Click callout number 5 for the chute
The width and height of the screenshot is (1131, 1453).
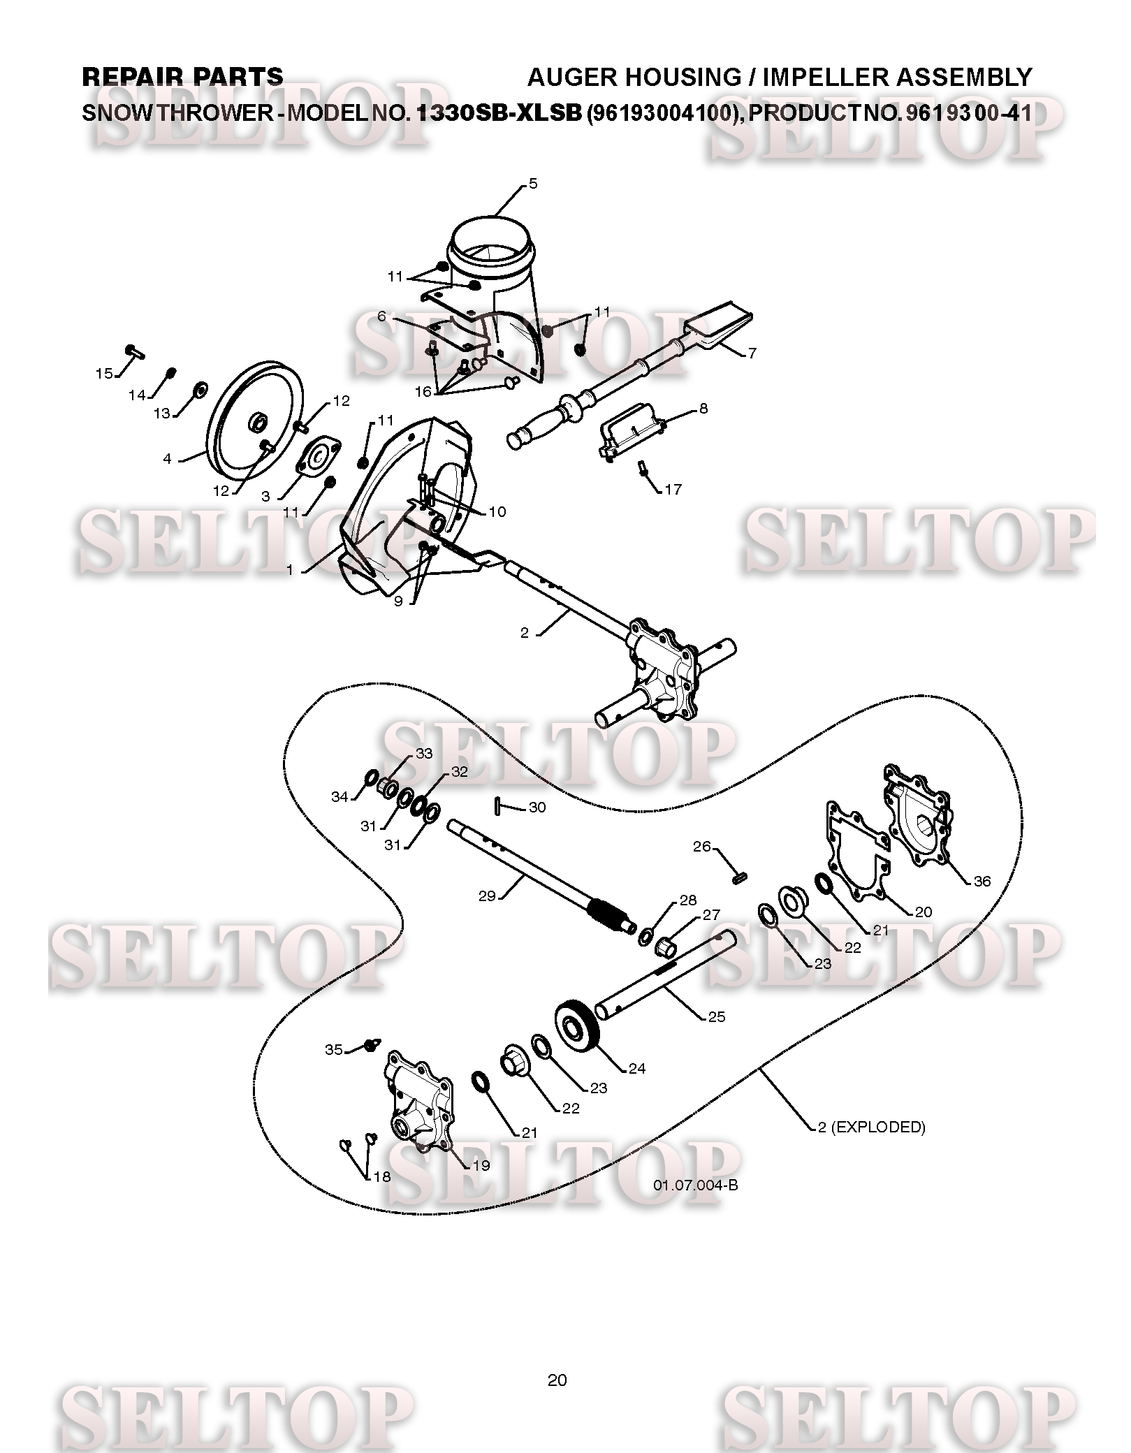tap(533, 184)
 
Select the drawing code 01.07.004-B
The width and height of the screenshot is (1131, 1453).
tap(696, 1185)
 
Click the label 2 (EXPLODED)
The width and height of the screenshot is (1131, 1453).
tap(872, 1127)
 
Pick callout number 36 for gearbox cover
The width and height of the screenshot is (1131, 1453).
tap(982, 881)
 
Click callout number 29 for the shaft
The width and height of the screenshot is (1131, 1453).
tap(487, 896)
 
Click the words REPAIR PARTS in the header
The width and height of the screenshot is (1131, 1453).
tap(183, 77)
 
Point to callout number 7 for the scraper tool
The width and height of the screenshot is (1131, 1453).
tap(752, 353)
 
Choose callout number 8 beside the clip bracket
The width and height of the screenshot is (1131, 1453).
tap(703, 408)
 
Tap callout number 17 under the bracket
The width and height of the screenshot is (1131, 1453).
tap(673, 490)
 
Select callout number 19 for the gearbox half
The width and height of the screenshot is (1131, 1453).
tap(481, 1165)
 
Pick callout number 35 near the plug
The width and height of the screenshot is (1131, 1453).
tap(334, 1049)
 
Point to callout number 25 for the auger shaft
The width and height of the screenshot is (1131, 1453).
tap(717, 1017)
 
